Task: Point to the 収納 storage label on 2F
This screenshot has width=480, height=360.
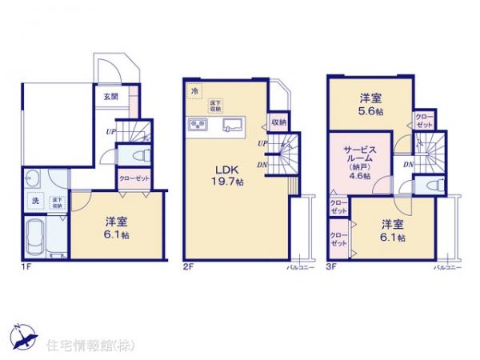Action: [x=278, y=122]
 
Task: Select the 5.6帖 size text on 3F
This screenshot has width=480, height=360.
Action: [x=370, y=113]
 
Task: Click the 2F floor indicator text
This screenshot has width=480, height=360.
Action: [x=189, y=266]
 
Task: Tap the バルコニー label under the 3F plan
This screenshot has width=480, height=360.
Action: [x=448, y=266]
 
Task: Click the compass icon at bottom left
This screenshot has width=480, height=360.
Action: [x=24, y=334]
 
